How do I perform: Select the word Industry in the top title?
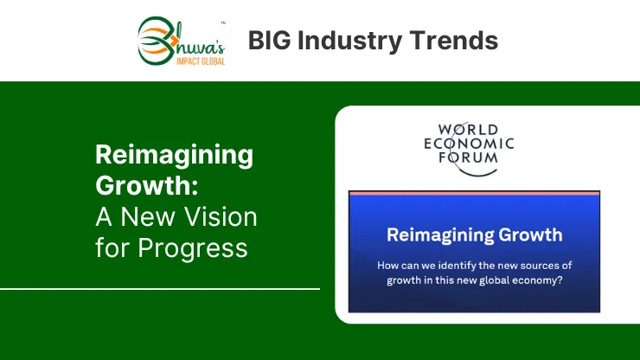(349, 42)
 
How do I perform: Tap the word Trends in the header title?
(453, 41)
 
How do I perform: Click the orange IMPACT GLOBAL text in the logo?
(201, 61)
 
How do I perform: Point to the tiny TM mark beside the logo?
(223, 23)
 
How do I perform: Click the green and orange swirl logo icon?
(157, 41)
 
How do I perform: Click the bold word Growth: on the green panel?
(147, 185)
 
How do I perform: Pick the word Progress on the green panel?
(193, 249)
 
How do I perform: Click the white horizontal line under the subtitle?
(160, 289)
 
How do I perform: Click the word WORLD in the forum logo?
(468, 130)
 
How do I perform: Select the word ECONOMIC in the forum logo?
(469, 144)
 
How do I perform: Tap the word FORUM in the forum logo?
(468, 157)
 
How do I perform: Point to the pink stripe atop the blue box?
(474, 193)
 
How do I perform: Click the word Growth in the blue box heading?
(531, 235)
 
